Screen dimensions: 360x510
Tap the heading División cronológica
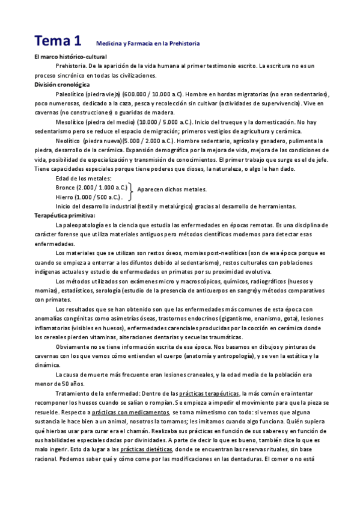(x=62, y=85)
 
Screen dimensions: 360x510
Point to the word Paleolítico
(x=70, y=94)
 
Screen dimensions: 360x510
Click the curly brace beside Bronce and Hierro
(x=132, y=192)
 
